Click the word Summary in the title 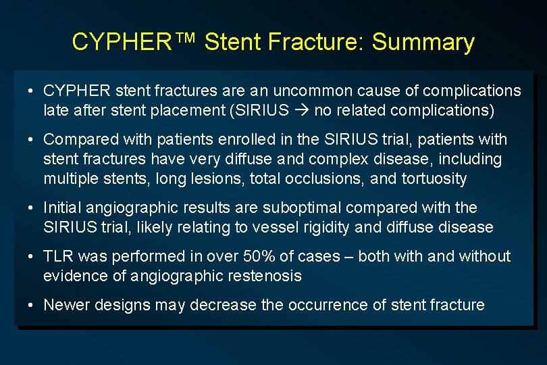[x=423, y=43]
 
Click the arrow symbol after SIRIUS [x=301, y=109]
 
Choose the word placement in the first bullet [x=185, y=109]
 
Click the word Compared [x=81, y=140]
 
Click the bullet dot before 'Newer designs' [x=32, y=306]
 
